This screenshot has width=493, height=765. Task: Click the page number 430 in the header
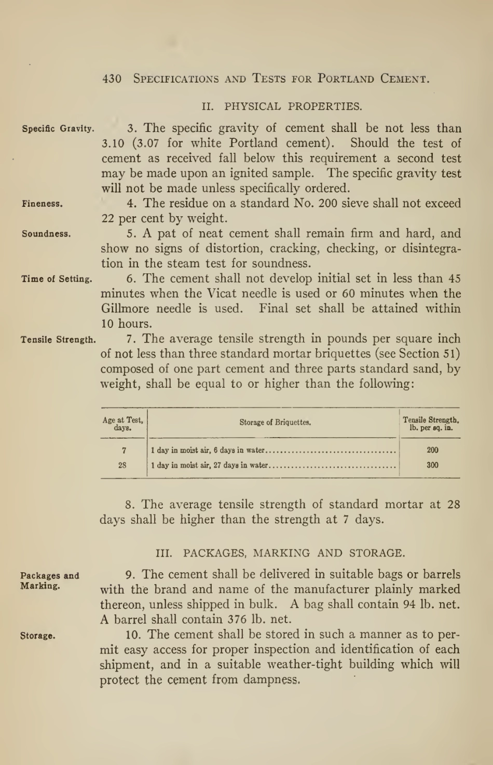(x=112, y=79)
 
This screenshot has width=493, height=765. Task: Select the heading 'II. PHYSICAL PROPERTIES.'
(x=282, y=107)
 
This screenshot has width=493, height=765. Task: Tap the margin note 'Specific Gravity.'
(x=58, y=129)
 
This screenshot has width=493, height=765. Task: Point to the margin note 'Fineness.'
(x=42, y=204)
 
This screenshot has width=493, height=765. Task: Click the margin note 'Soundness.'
(x=46, y=234)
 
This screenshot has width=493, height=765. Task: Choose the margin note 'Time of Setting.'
(x=57, y=279)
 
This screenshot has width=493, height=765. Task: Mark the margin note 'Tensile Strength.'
(x=58, y=340)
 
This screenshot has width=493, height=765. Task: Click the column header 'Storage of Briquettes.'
(x=275, y=423)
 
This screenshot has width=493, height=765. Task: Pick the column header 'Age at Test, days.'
(x=122, y=424)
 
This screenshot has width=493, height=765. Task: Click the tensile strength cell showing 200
(x=432, y=450)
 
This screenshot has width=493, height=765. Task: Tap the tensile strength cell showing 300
(x=432, y=465)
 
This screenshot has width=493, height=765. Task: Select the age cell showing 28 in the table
(x=122, y=465)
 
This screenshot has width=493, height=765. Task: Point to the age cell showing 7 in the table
(x=124, y=450)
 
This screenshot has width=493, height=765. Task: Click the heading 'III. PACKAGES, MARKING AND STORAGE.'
(x=280, y=553)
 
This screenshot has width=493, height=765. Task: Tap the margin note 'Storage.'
(x=38, y=636)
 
